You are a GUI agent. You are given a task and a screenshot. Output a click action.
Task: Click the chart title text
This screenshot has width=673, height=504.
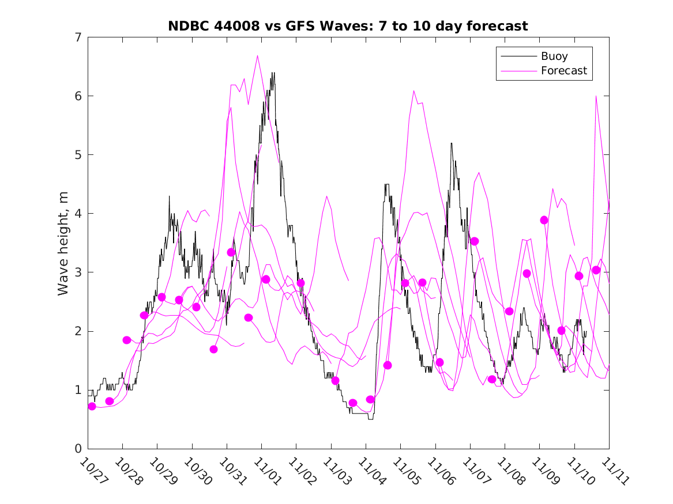point(348,26)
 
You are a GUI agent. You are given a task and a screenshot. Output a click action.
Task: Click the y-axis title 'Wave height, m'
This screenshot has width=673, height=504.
point(63,243)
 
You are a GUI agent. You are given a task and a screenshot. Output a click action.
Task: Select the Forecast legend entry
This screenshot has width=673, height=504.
point(563,71)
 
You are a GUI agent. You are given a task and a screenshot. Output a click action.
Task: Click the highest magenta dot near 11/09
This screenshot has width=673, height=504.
point(544,220)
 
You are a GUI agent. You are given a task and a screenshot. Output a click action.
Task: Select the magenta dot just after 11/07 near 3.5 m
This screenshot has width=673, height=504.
point(475,241)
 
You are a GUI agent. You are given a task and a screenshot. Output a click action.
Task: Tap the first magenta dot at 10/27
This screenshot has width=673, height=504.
point(92,406)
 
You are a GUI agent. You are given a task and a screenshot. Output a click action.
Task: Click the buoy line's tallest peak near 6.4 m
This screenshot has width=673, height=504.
point(273,73)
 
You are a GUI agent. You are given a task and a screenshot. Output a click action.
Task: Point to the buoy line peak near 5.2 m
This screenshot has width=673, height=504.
point(451,143)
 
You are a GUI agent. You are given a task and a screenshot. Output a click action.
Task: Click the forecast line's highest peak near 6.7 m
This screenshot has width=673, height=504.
point(257,55)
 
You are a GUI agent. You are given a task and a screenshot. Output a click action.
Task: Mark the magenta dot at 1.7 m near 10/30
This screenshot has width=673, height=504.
point(213,349)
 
